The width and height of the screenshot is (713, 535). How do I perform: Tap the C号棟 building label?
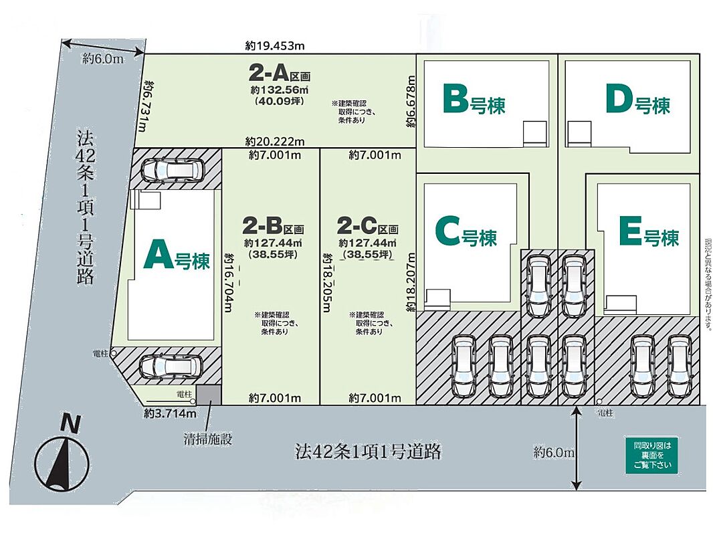466,233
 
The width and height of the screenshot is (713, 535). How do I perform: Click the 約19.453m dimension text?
275,46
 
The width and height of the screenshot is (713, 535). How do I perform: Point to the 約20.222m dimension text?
275,141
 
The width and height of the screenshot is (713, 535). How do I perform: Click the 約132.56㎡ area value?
280,90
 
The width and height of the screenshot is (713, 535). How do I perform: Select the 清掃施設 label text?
208,440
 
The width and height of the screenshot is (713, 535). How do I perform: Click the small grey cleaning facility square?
208,395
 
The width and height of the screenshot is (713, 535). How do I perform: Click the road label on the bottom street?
368,451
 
